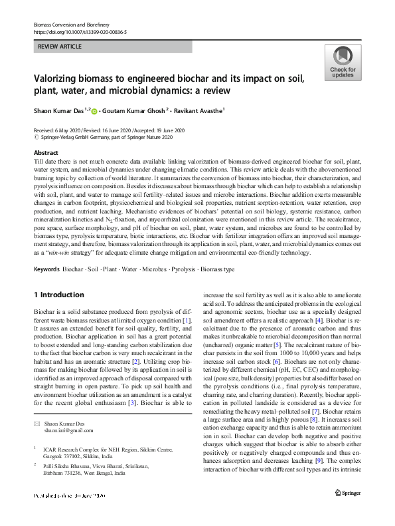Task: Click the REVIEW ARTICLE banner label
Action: tap(61, 47)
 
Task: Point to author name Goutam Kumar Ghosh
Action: tap(144, 111)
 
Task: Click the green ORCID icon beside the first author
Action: tap(94, 112)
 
